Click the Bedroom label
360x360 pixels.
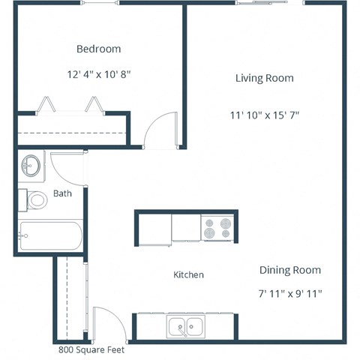click(x=98, y=49)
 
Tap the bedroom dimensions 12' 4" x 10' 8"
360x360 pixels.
click(x=98, y=74)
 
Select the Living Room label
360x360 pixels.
click(x=264, y=78)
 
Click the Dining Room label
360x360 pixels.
click(x=289, y=270)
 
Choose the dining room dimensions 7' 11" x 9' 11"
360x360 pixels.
click(x=289, y=293)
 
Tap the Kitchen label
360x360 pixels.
click(x=188, y=275)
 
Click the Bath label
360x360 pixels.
click(x=62, y=193)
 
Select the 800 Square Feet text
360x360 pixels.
click(x=91, y=349)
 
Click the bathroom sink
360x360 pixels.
click(x=31, y=166)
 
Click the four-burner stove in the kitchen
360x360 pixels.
click(x=218, y=227)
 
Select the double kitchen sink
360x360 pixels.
click(x=186, y=326)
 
